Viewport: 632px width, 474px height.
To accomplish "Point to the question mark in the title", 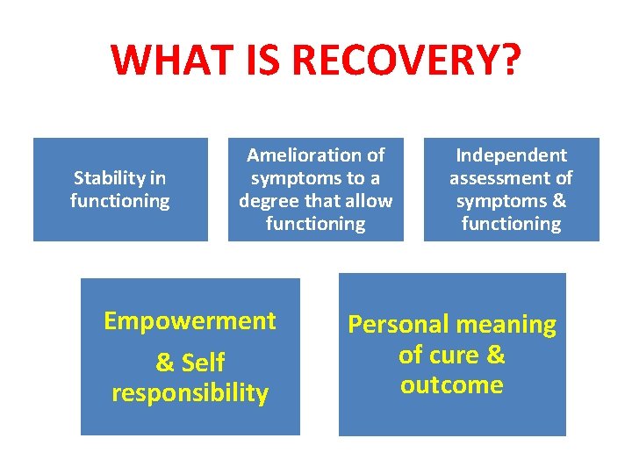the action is (510, 60).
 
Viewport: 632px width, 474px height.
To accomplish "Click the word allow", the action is (369, 201).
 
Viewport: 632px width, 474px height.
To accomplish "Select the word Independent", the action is (511, 155).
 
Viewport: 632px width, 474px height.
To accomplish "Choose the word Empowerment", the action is (190, 321).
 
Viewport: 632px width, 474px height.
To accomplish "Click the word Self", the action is (204, 363).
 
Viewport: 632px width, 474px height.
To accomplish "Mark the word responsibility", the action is (190, 392).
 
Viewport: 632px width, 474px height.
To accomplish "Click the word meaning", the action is (510, 325).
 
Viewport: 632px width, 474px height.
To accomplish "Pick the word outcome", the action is (451, 384).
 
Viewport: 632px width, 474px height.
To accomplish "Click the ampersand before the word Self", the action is (165, 363).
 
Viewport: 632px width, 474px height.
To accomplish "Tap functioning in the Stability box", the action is (120, 201).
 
